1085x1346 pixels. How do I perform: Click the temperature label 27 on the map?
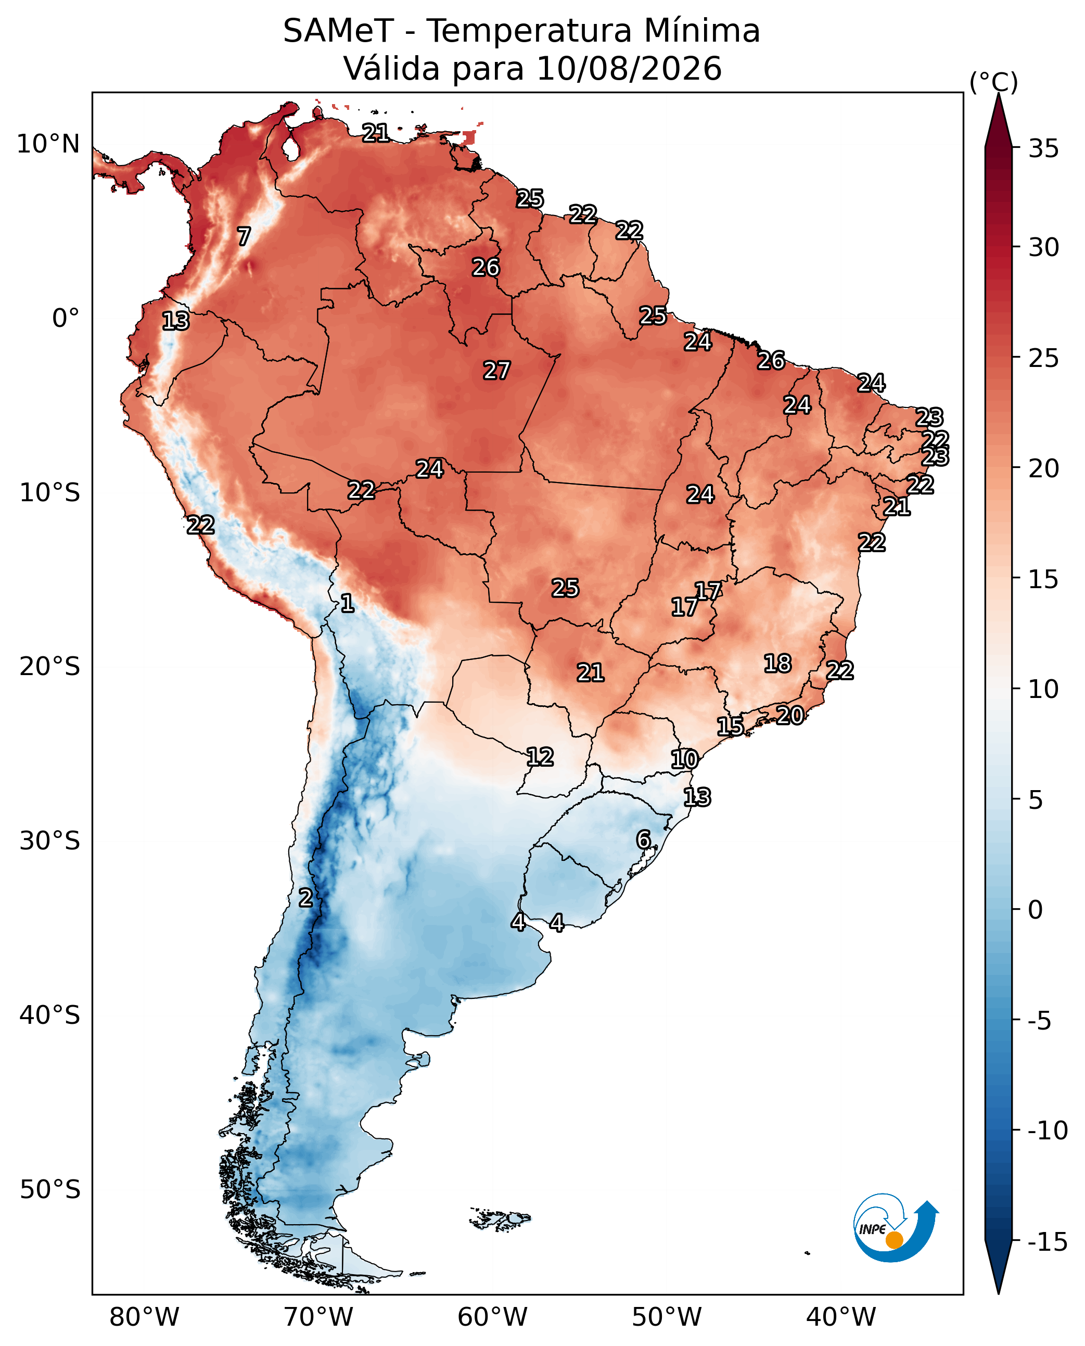[x=497, y=370]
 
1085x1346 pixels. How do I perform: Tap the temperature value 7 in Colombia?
[x=244, y=236]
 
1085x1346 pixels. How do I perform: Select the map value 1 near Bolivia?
[x=347, y=603]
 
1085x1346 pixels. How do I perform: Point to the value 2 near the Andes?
[x=305, y=897]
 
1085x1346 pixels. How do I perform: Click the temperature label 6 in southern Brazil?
[x=643, y=839]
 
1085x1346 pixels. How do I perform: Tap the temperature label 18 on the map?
[x=777, y=663]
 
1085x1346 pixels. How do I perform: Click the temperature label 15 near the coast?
[x=730, y=726]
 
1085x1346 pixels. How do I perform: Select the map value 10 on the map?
[x=684, y=759]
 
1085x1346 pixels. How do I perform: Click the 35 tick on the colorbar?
[x=1044, y=149]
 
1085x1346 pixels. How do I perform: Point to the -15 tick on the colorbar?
[x=1048, y=1241]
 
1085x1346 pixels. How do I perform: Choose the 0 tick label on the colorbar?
[x=1036, y=910]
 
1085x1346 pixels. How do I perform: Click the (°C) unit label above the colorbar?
[x=994, y=82]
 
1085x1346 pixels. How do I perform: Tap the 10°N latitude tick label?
[x=48, y=144]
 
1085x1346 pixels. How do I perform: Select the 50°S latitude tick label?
[x=50, y=1189]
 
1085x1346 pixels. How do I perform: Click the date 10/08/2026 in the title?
[x=629, y=68]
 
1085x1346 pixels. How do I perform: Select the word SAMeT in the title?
[x=338, y=31]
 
